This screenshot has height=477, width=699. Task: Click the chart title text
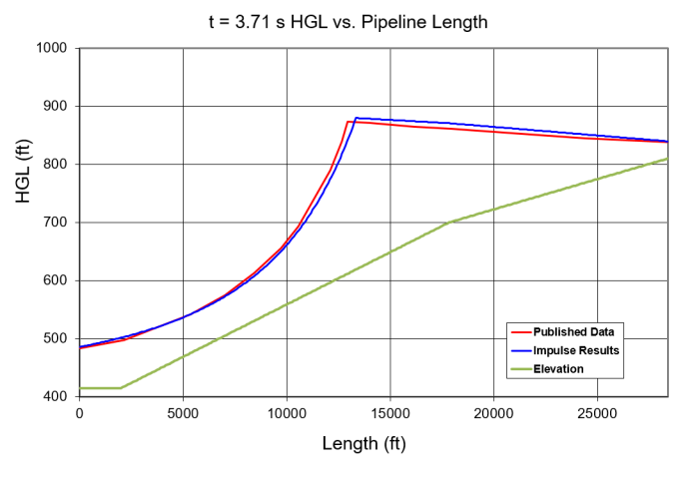click(349, 21)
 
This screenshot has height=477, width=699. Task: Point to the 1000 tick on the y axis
click(51, 48)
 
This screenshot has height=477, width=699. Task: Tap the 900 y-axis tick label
click(55, 106)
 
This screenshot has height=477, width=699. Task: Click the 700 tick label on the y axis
click(55, 223)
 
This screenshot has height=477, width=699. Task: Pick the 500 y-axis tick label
click(55, 338)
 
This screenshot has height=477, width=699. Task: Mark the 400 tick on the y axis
click(55, 396)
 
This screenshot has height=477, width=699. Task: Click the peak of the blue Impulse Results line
click(356, 118)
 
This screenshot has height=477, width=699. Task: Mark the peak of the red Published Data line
click(348, 122)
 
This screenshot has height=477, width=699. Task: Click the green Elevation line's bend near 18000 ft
click(451, 223)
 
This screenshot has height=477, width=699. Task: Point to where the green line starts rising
click(121, 387)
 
